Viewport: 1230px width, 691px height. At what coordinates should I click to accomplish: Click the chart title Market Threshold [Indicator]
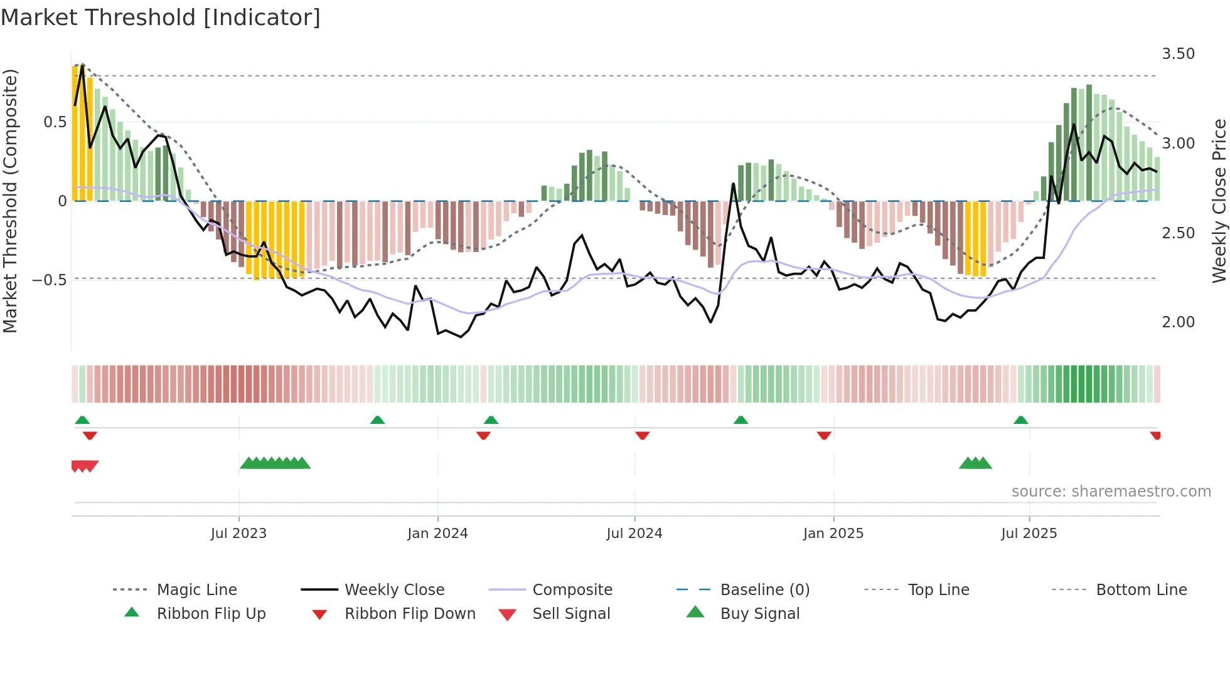tap(161, 18)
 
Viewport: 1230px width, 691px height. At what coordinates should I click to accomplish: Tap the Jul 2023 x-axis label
tap(238, 534)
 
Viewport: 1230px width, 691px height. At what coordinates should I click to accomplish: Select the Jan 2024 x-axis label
tap(437, 534)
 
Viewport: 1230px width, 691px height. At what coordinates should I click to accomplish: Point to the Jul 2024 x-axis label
tap(634, 534)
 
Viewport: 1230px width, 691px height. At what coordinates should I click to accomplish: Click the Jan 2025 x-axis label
tap(833, 534)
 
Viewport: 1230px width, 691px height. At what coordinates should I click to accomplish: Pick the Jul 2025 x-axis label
tap(1029, 534)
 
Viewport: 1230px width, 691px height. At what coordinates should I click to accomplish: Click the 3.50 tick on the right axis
tap(1178, 54)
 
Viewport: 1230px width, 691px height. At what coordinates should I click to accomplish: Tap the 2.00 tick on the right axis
tap(1178, 322)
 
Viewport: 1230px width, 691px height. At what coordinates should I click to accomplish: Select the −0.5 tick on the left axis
tap(50, 280)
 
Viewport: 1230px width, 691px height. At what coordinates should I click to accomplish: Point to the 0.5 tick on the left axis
tap(55, 122)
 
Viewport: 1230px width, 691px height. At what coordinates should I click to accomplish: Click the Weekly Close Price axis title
tap(1219, 201)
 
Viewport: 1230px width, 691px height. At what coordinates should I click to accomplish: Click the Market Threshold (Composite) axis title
tap(11, 201)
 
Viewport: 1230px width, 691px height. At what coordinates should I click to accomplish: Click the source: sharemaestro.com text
tap(1111, 492)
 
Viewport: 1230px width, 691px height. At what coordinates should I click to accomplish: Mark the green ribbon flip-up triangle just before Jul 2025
tap(1020, 420)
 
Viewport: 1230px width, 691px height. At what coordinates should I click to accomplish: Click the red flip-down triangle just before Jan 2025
tap(824, 435)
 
